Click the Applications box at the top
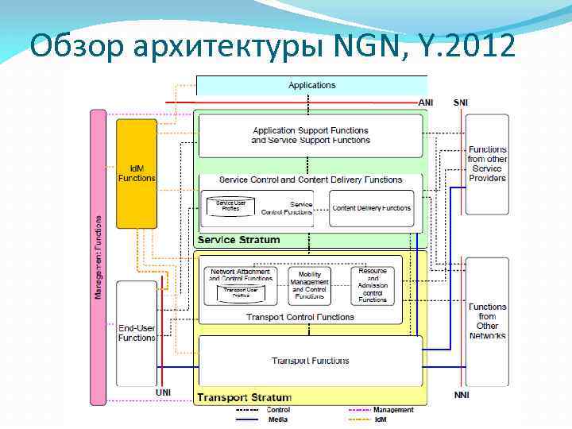click(311, 85)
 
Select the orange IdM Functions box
click(137, 173)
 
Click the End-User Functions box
click(137, 333)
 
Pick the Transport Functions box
click(310, 361)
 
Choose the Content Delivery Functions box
click(372, 208)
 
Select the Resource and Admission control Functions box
click(373, 285)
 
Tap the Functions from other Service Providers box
click(487, 164)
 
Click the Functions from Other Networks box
click(487, 321)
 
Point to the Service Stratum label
click(238, 240)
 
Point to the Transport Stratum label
click(244, 397)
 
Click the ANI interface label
click(427, 102)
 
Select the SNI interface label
click(461, 102)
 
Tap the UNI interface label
click(163, 392)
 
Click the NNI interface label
click(461, 395)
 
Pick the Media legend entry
click(277, 419)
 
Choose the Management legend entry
click(392, 410)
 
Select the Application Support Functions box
click(310, 135)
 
